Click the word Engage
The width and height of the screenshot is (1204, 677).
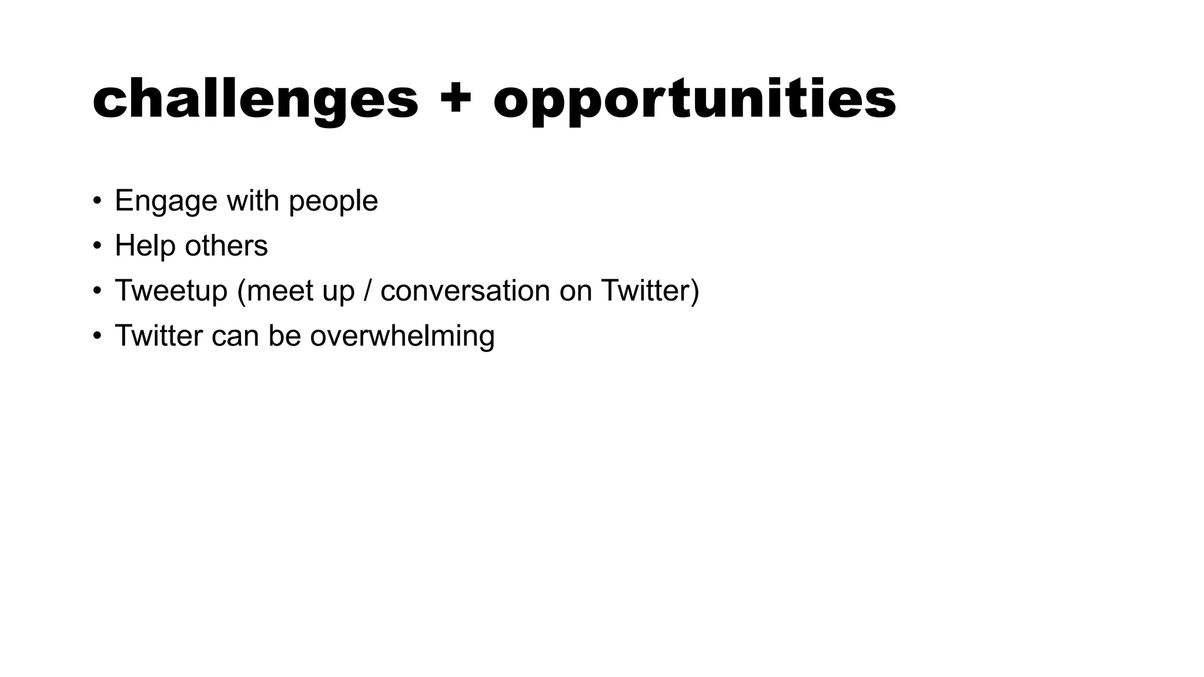pos(166,202)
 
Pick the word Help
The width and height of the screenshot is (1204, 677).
pos(145,246)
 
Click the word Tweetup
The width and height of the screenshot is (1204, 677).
pos(171,291)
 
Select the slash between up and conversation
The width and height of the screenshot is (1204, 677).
pos(368,291)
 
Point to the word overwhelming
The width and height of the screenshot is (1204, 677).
pos(402,336)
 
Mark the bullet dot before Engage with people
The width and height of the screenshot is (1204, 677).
pos(98,201)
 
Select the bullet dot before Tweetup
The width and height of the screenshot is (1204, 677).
pos(98,291)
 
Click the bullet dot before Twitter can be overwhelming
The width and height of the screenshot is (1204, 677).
pos(98,336)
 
